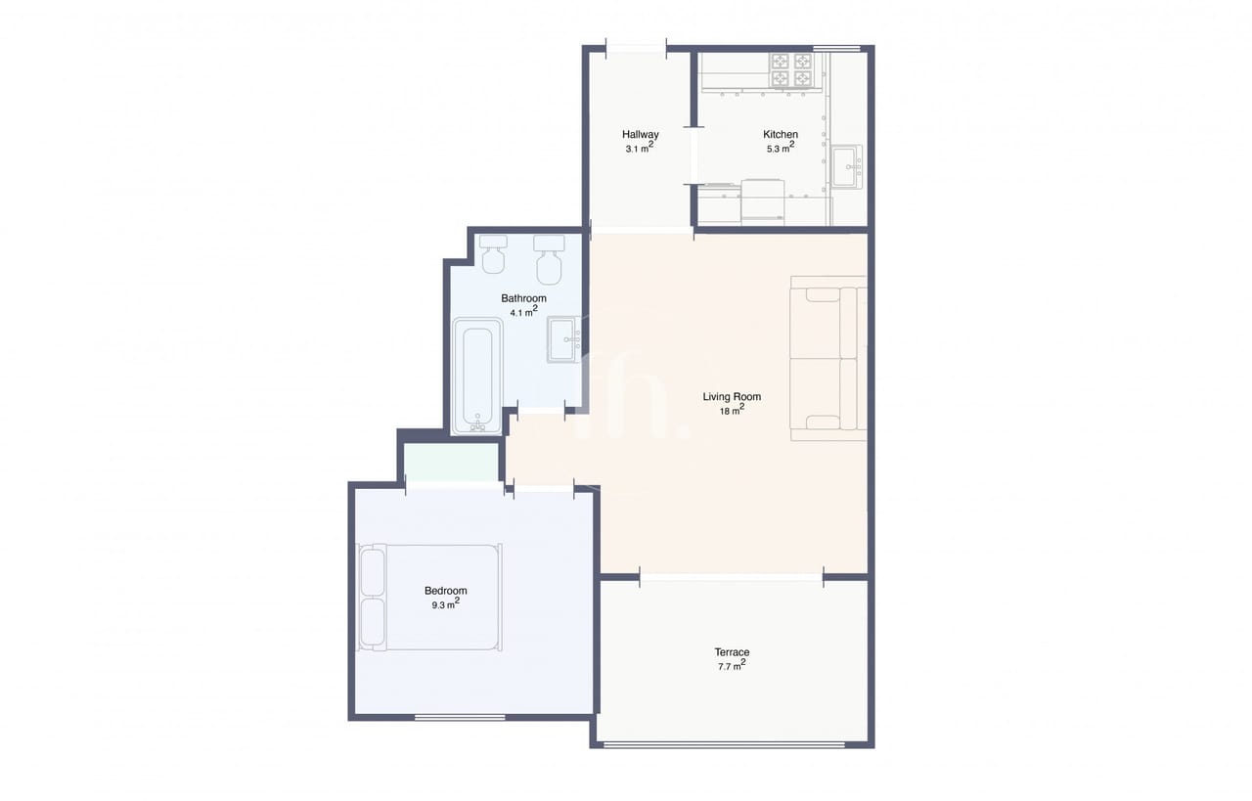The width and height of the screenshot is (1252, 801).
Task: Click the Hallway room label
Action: coord(641,134)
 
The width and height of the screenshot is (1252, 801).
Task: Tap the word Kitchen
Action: coord(781,134)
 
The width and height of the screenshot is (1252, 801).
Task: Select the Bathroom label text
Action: coord(523,298)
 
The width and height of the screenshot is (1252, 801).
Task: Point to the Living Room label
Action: coord(732,397)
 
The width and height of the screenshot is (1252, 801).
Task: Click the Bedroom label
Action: coord(445,591)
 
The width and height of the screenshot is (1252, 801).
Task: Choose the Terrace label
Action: coord(732,652)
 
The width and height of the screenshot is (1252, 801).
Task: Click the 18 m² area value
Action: coord(732,411)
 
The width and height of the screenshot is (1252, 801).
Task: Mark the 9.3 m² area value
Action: coord(445,603)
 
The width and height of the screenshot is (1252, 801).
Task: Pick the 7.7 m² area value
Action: coord(732,665)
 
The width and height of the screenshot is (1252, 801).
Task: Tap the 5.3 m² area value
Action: coord(781,148)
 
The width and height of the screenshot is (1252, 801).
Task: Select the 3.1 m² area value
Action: coord(640,148)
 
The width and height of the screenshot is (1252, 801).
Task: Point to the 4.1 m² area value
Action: coord(523,311)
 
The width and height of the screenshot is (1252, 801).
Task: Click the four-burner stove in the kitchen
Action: coord(791,70)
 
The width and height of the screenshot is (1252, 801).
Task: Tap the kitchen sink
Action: coord(847,166)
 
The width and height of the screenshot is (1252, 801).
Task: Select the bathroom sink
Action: coord(564,339)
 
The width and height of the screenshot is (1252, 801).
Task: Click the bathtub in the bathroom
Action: coord(477,377)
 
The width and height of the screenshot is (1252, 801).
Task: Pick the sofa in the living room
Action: coord(828,358)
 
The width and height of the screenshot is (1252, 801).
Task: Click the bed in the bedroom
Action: coord(429,597)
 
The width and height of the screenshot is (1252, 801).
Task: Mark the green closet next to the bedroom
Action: coord(452,462)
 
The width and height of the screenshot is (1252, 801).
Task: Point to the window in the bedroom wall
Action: coord(460,717)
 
